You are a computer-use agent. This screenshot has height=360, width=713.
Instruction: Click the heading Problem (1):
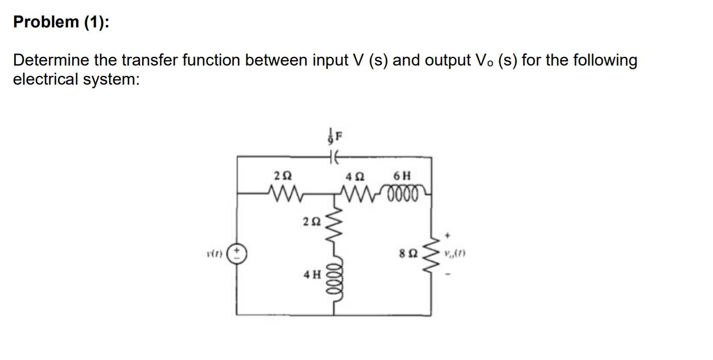(61, 22)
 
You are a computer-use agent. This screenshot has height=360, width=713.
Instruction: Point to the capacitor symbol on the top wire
(335, 157)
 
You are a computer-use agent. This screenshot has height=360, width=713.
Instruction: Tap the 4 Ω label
(355, 176)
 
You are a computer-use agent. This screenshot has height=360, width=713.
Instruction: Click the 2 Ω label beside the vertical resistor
(312, 221)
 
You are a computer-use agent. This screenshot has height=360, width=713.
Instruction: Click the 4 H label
(312, 274)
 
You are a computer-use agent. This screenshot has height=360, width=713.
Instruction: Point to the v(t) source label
(216, 253)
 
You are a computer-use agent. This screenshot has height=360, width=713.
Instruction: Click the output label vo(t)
(454, 253)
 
